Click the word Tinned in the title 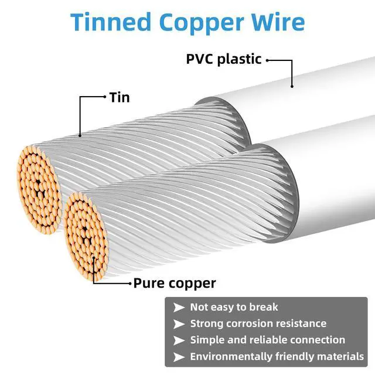click(x=111, y=22)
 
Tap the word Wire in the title click(x=278, y=22)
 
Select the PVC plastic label click(x=223, y=60)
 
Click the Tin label click(x=119, y=97)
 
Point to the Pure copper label click(x=175, y=284)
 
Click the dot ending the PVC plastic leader click(x=291, y=86)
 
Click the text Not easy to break click(x=234, y=307)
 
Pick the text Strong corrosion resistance click(x=258, y=323)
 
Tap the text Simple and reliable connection click(x=267, y=340)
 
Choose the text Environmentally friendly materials click(x=277, y=356)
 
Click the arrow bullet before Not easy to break click(x=178, y=307)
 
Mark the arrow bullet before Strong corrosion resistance click(x=178, y=323)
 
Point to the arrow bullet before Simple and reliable click(x=178, y=340)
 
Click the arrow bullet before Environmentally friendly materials click(x=178, y=356)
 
